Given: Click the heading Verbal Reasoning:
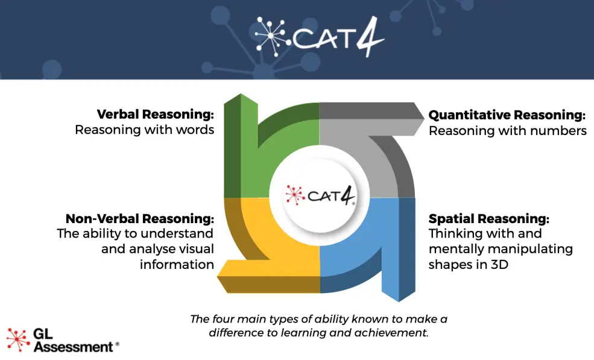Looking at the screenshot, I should point(156,114).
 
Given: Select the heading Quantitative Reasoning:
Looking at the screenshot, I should point(507,115).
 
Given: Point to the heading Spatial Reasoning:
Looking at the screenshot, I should point(489,218).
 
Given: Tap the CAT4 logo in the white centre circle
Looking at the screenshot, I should point(320,195).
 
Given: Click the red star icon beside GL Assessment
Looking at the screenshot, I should point(18,339).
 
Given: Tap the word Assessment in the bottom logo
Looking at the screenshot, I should point(73,347).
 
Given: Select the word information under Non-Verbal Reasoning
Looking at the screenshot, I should point(177,264).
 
